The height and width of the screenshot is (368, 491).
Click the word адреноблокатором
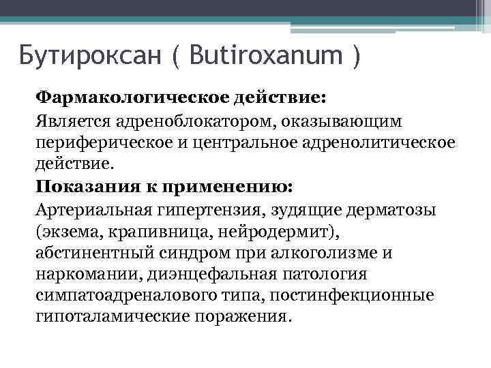(190, 121)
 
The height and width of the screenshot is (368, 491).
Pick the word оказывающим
(341, 121)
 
